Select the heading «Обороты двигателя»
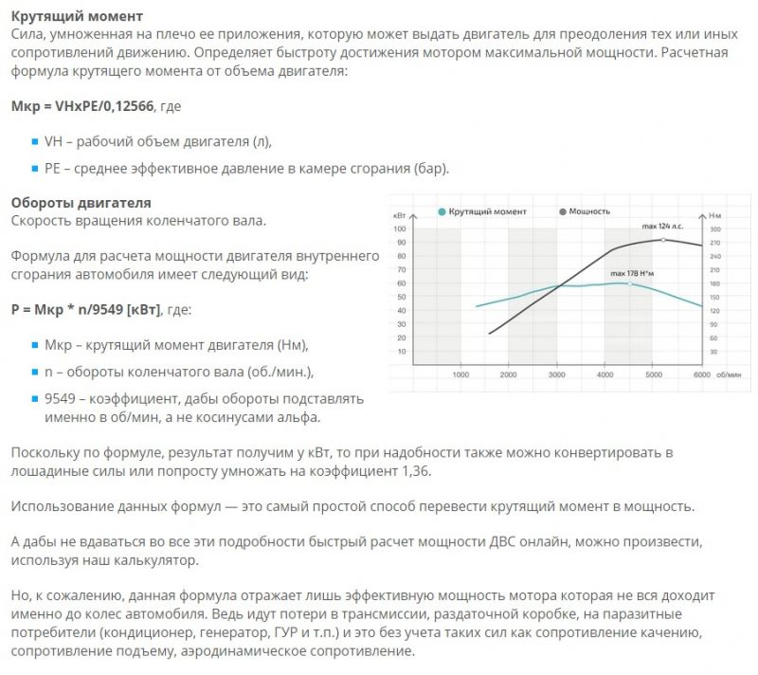81,203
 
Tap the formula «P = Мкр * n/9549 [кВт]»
85,309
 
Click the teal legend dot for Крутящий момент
442,211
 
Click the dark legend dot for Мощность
565,211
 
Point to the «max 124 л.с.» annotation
662,228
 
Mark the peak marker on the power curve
662,240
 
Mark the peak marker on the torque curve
627,283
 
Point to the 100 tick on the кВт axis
399,229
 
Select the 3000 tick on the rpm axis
557,376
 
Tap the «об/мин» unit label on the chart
730,376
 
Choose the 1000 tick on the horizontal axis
460,376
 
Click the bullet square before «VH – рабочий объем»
35,141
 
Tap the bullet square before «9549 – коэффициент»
35,399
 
